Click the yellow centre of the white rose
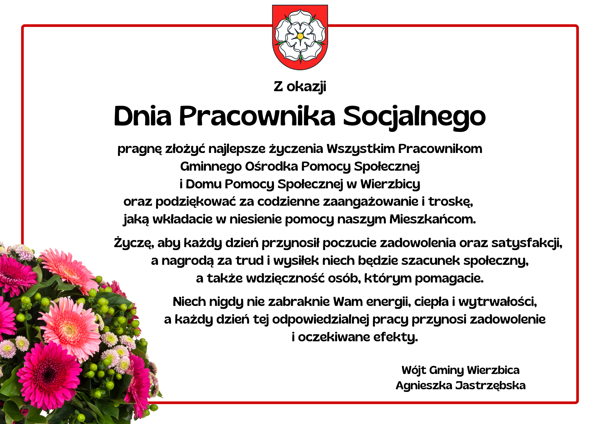(x=300, y=36)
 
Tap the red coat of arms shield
(x=300, y=37)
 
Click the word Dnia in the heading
(x=143, y=116)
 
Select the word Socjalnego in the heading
(x=414, y=117)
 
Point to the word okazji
(x=306, y=87)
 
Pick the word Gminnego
(x=211, y=167)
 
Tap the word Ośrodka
(x=271, y=166)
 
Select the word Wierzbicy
(x=390, y=184)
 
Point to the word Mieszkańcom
(x=433, y=219)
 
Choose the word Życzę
(x=134, y=243)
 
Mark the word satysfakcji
(x=527, y=243)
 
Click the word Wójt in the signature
(x=414, y=370)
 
